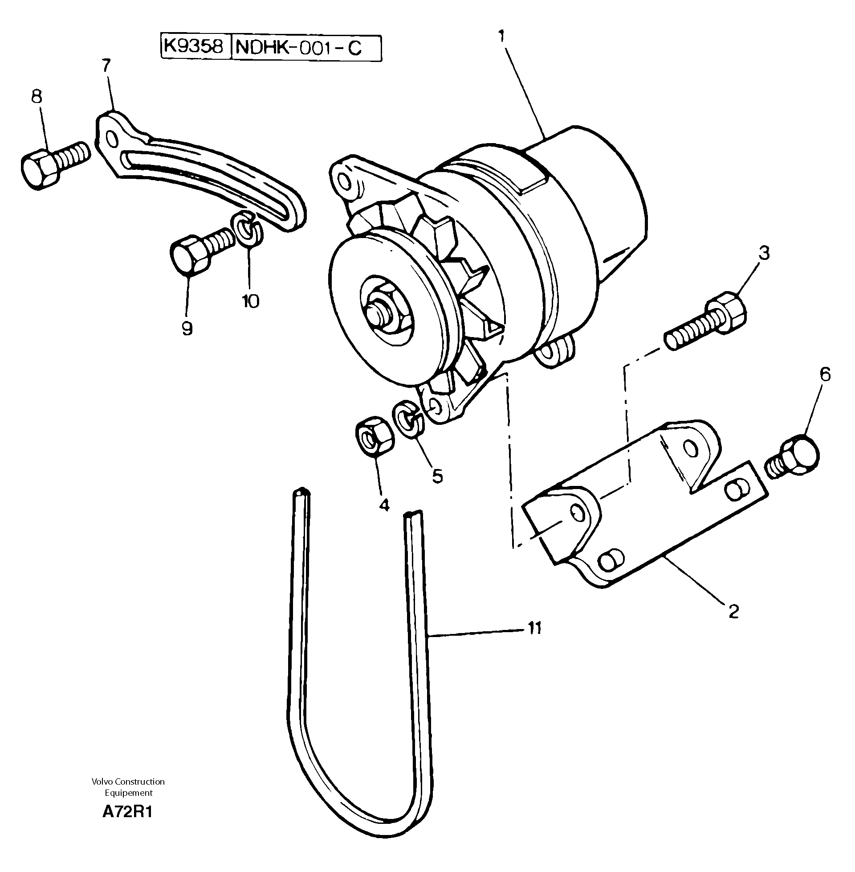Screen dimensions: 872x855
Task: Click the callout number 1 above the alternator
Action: (x=502, y=37)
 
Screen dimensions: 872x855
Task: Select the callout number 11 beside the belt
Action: (x=534, y=628)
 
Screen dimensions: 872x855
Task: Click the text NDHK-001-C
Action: (x=299, y=47)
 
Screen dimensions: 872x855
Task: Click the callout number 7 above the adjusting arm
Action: (x=106, y=66)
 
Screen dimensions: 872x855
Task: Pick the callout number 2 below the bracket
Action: (x=733, y=611)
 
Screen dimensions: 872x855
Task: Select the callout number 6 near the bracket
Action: (x=825, y=374)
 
